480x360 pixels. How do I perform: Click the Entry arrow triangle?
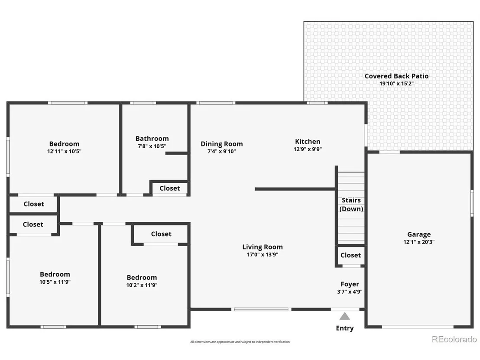[x=345, y=316]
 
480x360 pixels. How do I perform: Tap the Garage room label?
[x=419, y=234]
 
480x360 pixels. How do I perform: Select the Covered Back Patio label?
[x=396, y=76]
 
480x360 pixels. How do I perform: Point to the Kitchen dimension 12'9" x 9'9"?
[x=308, y=149]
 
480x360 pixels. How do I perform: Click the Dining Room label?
[x=222, y=144]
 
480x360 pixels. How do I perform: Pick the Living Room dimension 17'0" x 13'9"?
[x=263, y=254]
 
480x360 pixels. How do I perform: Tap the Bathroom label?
[x=152, y=139]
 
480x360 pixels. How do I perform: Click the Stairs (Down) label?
[x=351, y=204]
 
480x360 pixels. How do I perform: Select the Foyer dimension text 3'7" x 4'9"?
[x=350, y=292]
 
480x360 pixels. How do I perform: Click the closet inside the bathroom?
[x=169, y=188]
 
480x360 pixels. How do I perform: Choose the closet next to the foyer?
[x=350, y=255]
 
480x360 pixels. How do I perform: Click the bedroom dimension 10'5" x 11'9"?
[x=55, y=282]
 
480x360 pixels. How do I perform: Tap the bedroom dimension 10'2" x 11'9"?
[x=142, y=285]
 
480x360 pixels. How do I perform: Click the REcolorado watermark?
[x=454, y=339]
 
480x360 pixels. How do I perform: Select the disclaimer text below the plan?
[x=240, y=342]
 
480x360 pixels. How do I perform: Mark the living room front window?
[x=261, y=309]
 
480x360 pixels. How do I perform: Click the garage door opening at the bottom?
[x=418, y=327]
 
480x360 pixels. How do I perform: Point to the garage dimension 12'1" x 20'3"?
[x=419, y=242]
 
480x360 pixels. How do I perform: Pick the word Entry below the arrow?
[x=345, y=328]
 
